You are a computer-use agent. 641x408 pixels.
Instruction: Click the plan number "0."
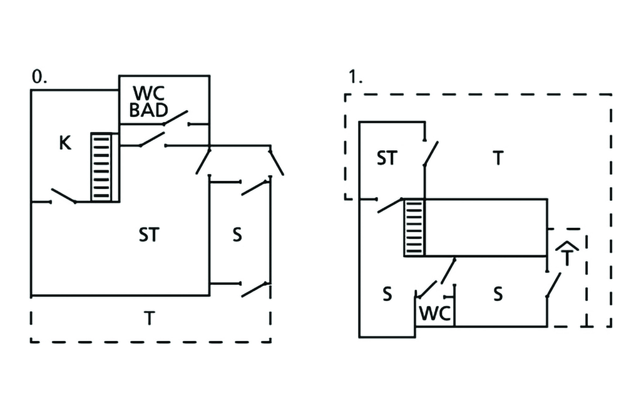click(38, 78)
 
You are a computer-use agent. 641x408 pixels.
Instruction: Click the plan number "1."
click(356, 78)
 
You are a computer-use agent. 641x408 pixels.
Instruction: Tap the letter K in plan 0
click(64, 143)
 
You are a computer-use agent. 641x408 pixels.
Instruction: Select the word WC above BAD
click(148, 94)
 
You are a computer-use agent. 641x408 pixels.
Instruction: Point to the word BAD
click(148, 111)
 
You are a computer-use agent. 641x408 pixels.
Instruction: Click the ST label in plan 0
click(149, 236)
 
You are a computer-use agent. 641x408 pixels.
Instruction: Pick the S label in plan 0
click(237, 236)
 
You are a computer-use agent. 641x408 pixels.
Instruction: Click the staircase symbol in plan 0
click(105, 167)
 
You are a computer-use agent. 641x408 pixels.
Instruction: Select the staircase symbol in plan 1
click(414, 227)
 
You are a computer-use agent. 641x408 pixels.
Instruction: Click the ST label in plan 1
click(386, 158)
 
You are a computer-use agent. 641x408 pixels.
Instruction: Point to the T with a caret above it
click(566, 255)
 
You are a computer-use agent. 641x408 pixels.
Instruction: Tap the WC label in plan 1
click(434, 314)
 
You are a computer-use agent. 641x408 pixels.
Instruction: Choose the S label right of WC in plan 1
click(498, 294)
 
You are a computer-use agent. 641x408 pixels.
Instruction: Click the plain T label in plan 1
click(498, 158)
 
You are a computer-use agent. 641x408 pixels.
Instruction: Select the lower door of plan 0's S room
click(255, 288)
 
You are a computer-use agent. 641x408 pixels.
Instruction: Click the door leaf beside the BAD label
click(175, 117)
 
